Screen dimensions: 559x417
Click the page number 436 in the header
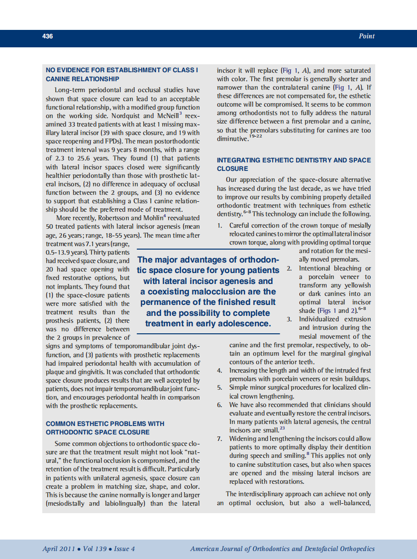(48, 36)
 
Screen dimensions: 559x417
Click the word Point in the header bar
(367, 36)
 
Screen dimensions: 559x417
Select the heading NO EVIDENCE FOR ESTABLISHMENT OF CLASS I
(122, 70)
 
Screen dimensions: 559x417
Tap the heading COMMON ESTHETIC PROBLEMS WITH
(105, 423)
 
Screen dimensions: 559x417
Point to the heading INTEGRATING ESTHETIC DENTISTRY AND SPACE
(294, 160)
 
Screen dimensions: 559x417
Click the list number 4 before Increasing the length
(219, 371)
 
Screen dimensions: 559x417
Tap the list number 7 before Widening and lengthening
(219, 438)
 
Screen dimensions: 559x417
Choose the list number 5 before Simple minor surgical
(219, 388)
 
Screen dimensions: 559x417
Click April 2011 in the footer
(59, 549)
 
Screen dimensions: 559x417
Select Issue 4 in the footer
(124, 549)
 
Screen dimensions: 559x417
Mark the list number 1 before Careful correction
(219, 226)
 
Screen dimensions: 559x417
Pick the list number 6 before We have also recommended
(219, 405)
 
